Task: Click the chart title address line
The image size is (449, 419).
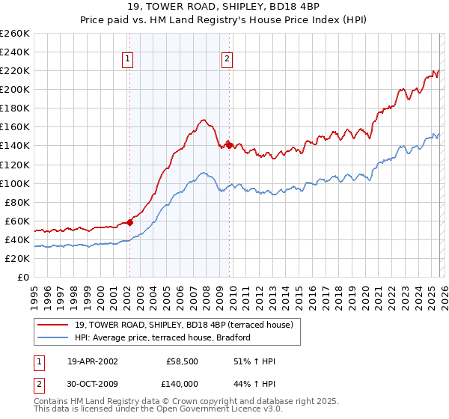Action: (x=224, y=8)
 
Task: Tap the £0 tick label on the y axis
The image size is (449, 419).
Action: (x=22, y=277)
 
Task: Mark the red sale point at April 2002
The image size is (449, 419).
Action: (x=129, y=221)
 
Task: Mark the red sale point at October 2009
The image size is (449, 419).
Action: (x=229, y=145)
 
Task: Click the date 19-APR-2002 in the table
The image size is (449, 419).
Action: (x=92, y=361)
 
